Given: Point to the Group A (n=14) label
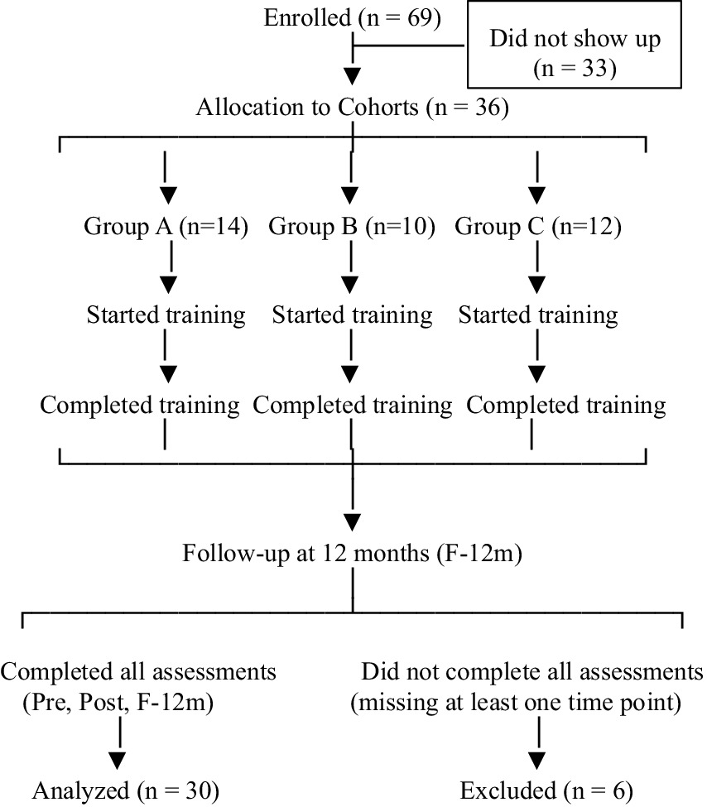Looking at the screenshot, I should (166, 226).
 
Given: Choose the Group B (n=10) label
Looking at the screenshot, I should (352, 226).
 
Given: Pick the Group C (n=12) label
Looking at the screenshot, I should (538, 226).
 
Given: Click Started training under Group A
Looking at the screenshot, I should (166, 315).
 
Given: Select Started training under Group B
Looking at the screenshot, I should (352, 315).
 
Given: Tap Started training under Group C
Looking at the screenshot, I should (538, 315).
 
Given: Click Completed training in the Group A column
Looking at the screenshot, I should (141, 406).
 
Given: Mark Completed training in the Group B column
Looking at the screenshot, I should (353, 406).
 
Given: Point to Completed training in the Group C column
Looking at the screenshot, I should (566, 406).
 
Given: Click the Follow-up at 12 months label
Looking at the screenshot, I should (352, 552).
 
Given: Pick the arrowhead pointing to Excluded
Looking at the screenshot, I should (538, 757).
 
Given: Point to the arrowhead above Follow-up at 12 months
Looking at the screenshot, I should (353, 521).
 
